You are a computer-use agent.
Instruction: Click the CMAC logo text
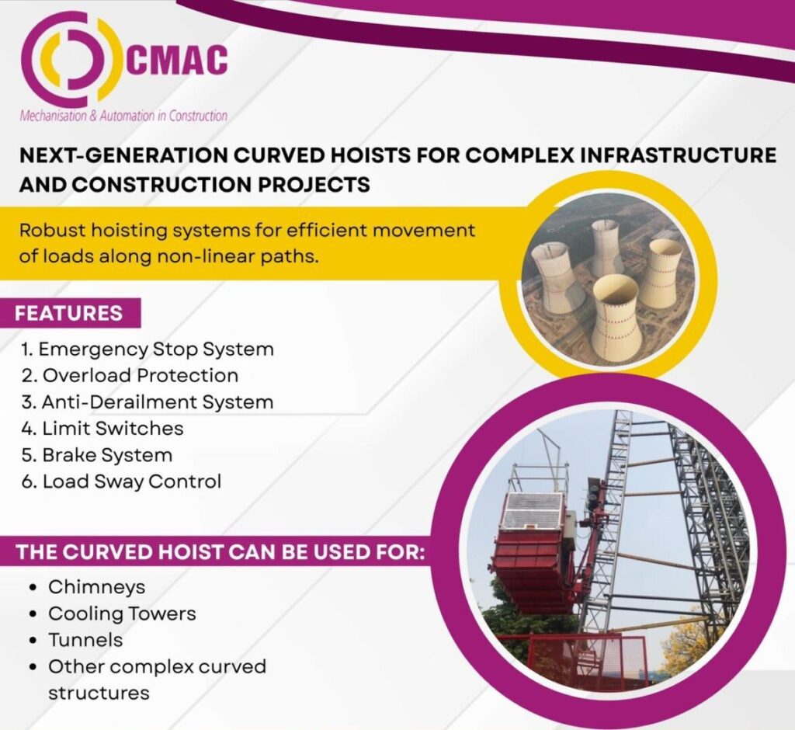pyautogui.click(x=176, y=60)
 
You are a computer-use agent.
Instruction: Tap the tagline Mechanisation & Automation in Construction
pyautogui.click(x=123, y=116)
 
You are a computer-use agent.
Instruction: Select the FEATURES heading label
pyautogui.click(x=69, y=313)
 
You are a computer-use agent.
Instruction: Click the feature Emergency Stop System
pyautogui.click(x=148, y=349)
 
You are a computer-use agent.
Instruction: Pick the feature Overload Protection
pyautogui.click(x=130, y=375)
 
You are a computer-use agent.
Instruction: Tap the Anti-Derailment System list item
pyautogui.click(x=148, y=401)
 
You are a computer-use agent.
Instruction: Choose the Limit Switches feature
pyautogui.click(x=102, y=428)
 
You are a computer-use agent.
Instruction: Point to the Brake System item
pyautogui.click(x=97, y=454)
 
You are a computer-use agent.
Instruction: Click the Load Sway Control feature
pyautogui.click(x=122, y=481)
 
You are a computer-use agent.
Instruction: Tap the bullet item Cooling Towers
pyautogui.click(x=122, y=614)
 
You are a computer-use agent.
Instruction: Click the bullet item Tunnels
pyautogui.click(x=85, y=640)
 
